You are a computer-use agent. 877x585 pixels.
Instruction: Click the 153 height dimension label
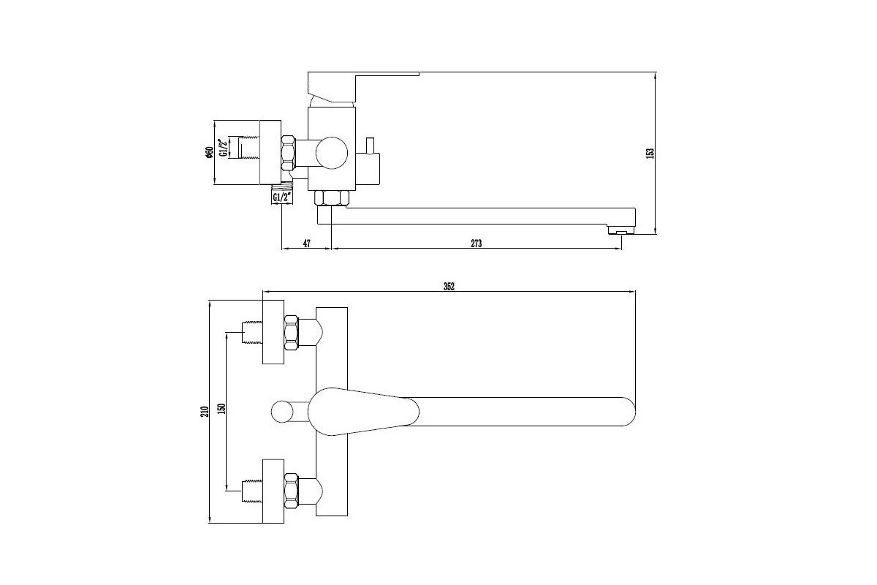pyautogui.click(x=650, y=153)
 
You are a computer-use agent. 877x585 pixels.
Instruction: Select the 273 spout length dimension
pyautogui.click(x=476, y=244)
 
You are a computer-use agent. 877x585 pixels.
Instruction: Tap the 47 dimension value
pyautogui.click(x=306, y=244)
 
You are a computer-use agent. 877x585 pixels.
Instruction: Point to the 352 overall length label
pyautogui.click(x=449, y=287)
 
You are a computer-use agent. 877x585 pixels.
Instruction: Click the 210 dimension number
pyautogui.click(x=205, y=412)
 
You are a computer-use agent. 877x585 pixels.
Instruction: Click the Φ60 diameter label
pyautogui.click(x=208, y=152)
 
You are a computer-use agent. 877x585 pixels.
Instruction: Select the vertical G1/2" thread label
pyautogui.click(x=224, y=148)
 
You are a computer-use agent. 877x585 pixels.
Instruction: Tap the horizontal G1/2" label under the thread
pyautogui.click(x=283, y=197)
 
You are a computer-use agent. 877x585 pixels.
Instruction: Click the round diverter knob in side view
pyautogui.click(x=332, y=153)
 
